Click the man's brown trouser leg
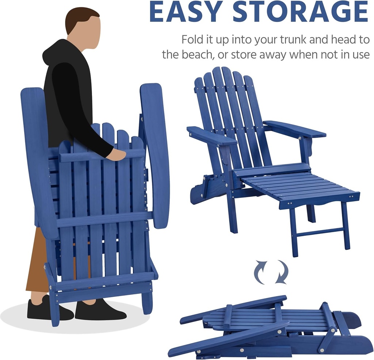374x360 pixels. tap(37, 263)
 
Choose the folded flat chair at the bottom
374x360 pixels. tap(270, 329)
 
